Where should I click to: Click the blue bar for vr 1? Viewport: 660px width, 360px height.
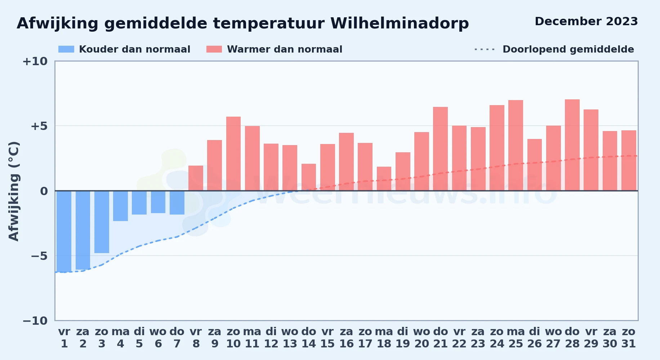[64, 231]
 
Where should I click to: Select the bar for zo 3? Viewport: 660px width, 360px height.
[102, 222]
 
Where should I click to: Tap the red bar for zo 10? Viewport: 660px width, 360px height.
[233, 154]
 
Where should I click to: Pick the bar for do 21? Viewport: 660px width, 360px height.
[440, 149]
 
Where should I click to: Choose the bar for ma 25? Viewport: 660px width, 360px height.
[516, 145]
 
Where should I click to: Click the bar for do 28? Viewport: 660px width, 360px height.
[572, 145]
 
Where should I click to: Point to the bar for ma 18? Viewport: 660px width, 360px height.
[384, 179]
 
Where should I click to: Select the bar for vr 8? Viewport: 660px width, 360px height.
[196, 178]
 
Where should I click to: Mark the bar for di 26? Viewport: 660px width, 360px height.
[535, 165]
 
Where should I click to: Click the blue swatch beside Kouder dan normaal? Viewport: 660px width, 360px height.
[66, 49]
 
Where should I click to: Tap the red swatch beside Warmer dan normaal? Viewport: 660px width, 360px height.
[214, 49]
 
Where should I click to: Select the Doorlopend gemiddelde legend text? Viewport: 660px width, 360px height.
[568, 49]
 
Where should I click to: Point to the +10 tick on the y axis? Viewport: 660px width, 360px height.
[35, 61]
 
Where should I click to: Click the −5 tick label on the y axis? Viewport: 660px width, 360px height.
[39, 256]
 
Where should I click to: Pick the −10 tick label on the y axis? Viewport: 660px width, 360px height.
[35, 321]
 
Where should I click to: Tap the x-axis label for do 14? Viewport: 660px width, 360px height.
[309, 338]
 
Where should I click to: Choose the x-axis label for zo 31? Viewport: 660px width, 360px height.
[629, 338]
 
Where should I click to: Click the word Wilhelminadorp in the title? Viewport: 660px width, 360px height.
[400, 23]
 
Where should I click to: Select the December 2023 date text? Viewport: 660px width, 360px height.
[586, 21]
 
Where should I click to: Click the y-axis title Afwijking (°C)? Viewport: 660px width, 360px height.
[14, 191]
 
